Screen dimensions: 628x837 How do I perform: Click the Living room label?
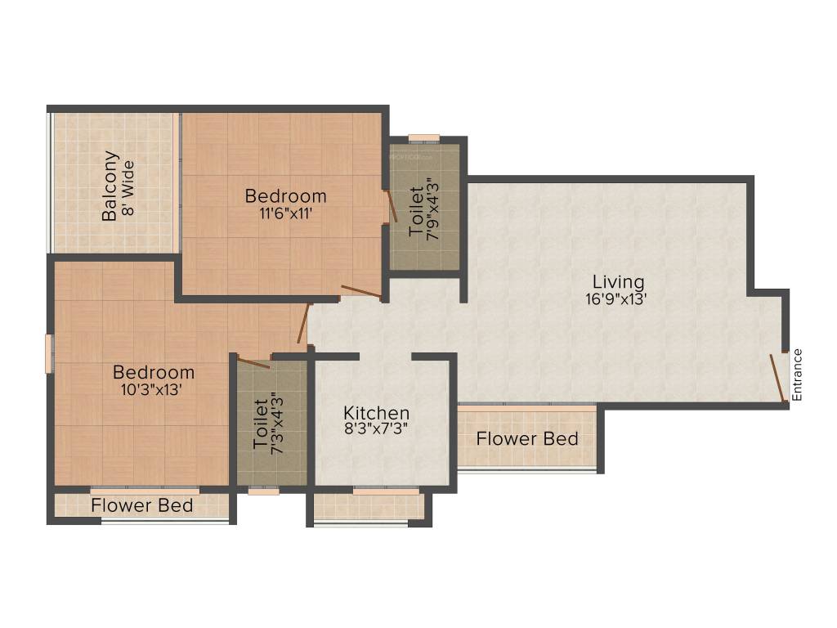[x=619, y=282]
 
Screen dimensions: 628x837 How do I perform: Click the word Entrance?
[x=798, y=375]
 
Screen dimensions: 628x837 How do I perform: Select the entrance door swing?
[x=779, y=378]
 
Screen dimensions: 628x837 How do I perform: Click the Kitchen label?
[x=376, y=413]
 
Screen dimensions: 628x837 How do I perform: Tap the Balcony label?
[x=110, y=186]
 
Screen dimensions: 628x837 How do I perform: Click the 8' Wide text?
[x=128, y=186]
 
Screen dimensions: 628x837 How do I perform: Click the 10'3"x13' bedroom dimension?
[x=154, y=389]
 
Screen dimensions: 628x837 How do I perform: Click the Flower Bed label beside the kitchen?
[x=527, y=438]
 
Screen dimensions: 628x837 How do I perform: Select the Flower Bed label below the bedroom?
[x=142, y=505]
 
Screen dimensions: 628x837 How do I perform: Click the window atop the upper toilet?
[x=423, y=138]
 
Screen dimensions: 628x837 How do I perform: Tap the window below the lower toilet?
[x=263, y=491]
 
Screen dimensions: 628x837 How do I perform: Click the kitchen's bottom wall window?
[x=386, y=491]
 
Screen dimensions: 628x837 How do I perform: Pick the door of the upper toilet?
[x=392, y=207]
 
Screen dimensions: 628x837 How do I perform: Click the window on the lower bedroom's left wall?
[x=49, y=353]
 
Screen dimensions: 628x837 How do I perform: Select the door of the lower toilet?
[x=254, y=362]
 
